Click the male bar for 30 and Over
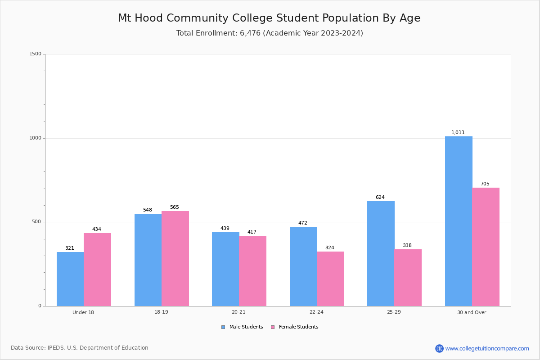point(459,221)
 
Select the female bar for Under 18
point(97,270)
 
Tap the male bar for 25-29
point(381,253)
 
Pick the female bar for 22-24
point(330,279)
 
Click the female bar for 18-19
point(175,258)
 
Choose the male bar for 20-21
point(225,269)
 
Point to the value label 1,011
point(458,133)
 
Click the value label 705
point(485,184)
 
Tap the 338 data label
point(407,246)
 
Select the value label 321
point(70,248)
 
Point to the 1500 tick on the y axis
point(35,54)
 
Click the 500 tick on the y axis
point(36,222)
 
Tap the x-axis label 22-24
point(316,312)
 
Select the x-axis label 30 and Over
point(472,312)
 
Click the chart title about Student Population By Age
point(269,18)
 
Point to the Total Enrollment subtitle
point(270,33)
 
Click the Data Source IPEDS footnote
point(80,348)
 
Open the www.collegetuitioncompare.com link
point(487,348)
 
